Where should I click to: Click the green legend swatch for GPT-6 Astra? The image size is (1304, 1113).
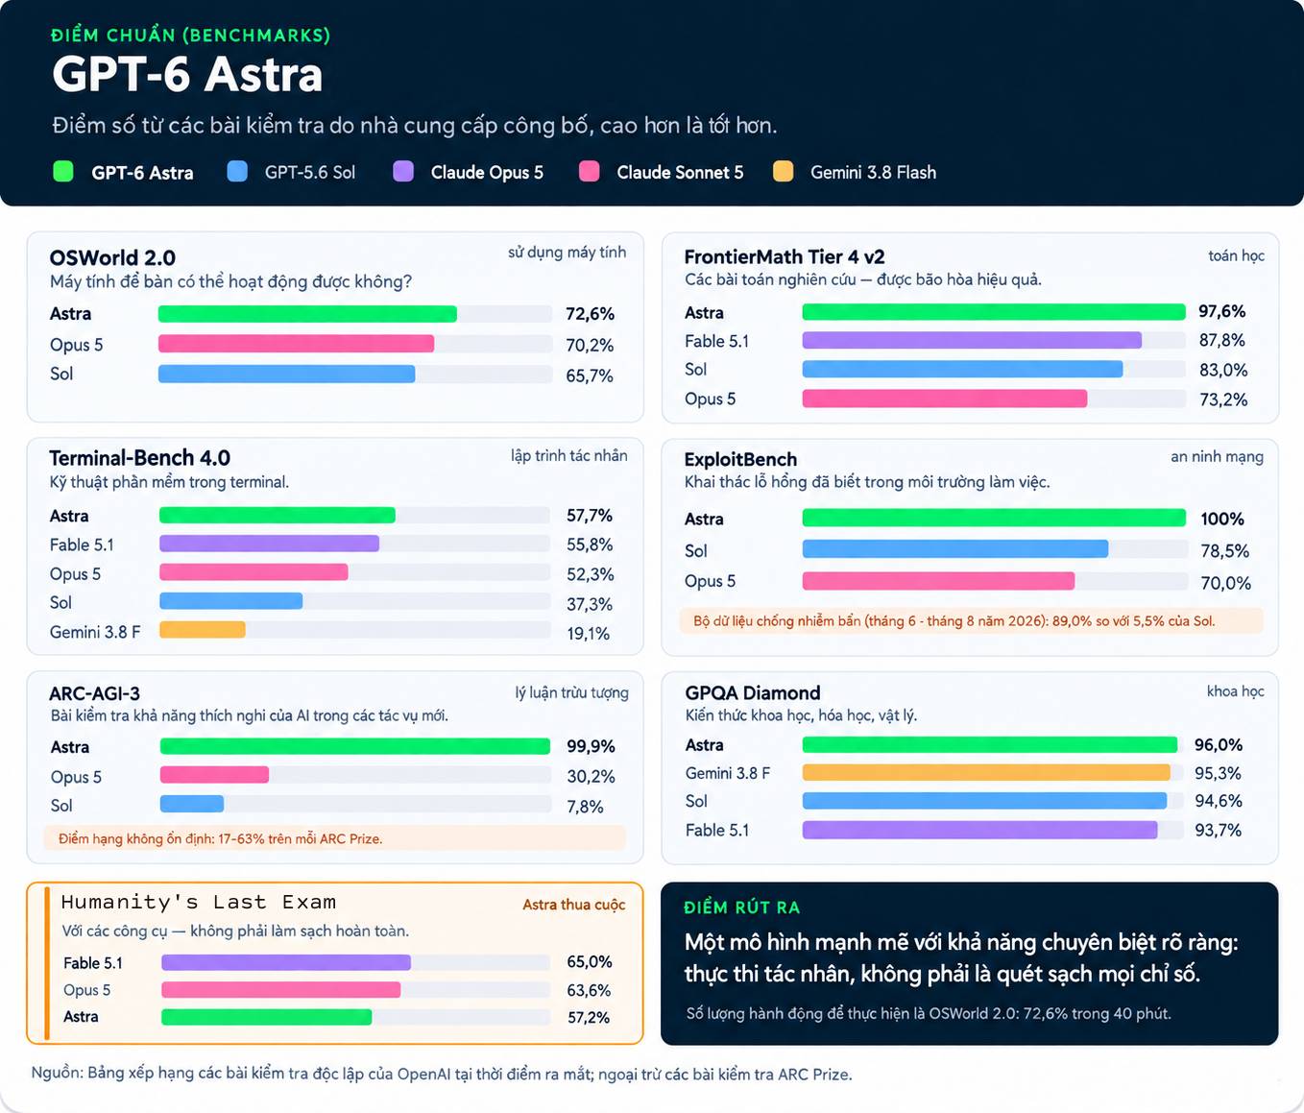[x=63, y=172]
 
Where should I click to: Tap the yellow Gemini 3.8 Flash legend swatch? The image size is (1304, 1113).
[x=783, y=172]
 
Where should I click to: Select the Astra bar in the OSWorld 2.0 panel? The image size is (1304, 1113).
[x=307, y=314]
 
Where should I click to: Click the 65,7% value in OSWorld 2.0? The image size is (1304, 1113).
[x=590, y=375]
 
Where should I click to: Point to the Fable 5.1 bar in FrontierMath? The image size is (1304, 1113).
[x=972, y=340]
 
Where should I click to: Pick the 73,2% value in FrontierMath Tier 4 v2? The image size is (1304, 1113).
[x=1223, y=399]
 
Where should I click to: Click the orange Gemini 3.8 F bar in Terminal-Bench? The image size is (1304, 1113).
[x=203, y=630]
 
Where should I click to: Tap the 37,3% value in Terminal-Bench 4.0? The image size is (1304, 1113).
[x=590, y=604]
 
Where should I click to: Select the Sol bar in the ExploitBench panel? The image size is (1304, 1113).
[x=955, y=549]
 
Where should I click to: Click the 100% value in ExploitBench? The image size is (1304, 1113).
[x=1222, y=519]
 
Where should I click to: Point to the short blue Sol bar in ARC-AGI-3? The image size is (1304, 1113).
[x=192, y=804]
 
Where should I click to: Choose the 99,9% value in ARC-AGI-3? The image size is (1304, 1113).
[x=591, y=746]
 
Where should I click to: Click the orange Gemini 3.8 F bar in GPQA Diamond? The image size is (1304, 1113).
[x=986, y=772]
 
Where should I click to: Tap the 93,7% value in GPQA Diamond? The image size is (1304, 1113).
[x=1219, y=830]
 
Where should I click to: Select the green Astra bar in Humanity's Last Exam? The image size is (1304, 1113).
[x=267, y=1016]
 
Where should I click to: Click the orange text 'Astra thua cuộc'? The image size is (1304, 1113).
[x=574, y=905]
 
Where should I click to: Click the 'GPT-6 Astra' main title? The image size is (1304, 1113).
[x=187, y=75]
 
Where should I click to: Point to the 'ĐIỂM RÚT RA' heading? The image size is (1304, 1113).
[x=742, y=907]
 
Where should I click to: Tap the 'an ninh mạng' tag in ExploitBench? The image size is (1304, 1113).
[x=1217, y=456]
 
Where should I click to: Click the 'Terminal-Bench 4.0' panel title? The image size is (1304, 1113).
[x=140, y=457]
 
